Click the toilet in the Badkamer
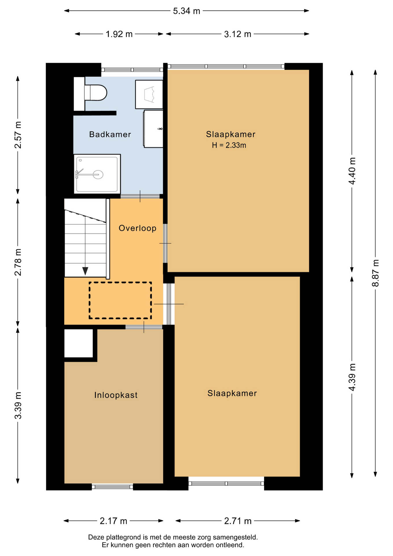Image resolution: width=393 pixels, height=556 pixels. click(x=96, y=93)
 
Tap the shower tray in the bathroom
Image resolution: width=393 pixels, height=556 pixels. click(x=97, y=174)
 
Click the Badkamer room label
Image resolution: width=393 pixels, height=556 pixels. click(x=110, y=134)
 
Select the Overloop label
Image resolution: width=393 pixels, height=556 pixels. click(x=137, y=228)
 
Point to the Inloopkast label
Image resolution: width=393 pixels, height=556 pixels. click(x=116, y=395)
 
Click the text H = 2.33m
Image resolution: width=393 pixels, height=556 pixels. click(x=229, y=145)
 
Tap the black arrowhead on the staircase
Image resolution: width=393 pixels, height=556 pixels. click(x=85, y=271)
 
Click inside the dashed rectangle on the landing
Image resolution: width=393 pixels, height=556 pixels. click(x=120, y=300)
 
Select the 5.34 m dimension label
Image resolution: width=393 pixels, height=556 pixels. click(x=187, y=11)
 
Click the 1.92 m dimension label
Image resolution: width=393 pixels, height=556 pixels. click(x=119, y=34)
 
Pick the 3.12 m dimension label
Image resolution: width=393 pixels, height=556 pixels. click(x=238, y=34)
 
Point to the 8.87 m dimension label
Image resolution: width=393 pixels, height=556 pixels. click(x=375, y=273)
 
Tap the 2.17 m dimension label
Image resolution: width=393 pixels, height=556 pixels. click(x=113, y=521)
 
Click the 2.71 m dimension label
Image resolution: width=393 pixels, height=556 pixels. click(x=238, y=521)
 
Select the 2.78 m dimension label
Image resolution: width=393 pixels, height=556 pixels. click(x=18, y=262)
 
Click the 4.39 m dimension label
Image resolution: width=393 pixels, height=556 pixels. click(x=352, y=377)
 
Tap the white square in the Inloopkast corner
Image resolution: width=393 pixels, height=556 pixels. click(x=78, y=343)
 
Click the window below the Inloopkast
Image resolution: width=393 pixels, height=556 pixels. click(x=112, y=487)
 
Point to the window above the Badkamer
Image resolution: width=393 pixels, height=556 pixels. click(x=132, y=70)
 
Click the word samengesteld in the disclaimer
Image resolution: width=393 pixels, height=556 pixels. click(x=235, y=537)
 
